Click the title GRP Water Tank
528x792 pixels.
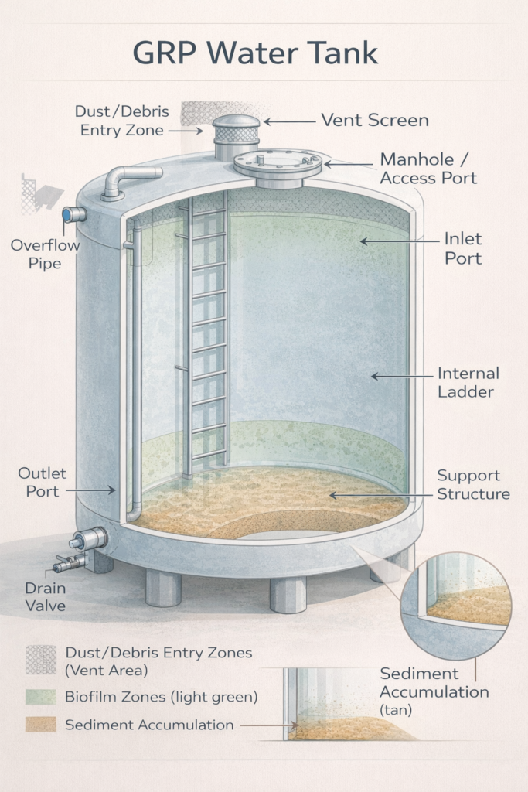(x=255, y=53)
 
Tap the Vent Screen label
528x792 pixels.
(x=374, y=120)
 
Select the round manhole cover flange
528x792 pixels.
(x=278, y=164)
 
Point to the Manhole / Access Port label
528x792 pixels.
(x=428, y=169)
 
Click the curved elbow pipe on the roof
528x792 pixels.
(x=128, y=179)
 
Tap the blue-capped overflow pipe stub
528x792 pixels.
(x=74, y=214)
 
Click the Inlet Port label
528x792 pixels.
(x=462, y=248)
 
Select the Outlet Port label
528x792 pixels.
(x=43, y=481)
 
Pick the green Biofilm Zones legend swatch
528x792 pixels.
(x=40, y=696)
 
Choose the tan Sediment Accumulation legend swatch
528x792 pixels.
(x=40, y=724)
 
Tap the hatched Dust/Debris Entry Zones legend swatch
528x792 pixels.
(x=40, y=659)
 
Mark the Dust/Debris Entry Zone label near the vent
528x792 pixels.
(x=122, y=121)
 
